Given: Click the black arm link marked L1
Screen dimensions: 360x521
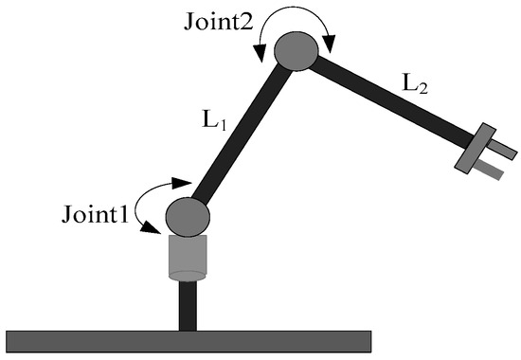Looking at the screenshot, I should point(242,134).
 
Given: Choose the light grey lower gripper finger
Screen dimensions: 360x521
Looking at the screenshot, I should point(488,170).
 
